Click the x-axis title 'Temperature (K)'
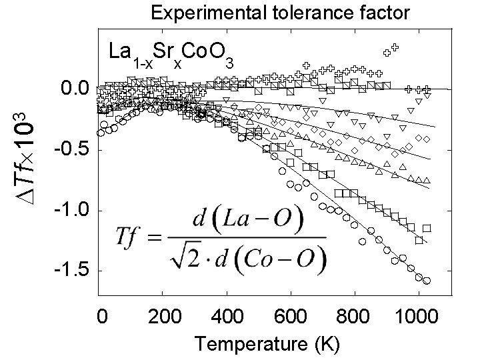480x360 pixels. click(267, 344)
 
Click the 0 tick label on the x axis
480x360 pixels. click(101, 316)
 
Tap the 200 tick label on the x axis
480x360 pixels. click(163, 316)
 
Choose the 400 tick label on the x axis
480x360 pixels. click(227, 316)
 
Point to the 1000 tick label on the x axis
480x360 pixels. click(414, 316)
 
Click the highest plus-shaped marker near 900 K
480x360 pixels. click(395, 47)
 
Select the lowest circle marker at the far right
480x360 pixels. click(427, 281)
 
